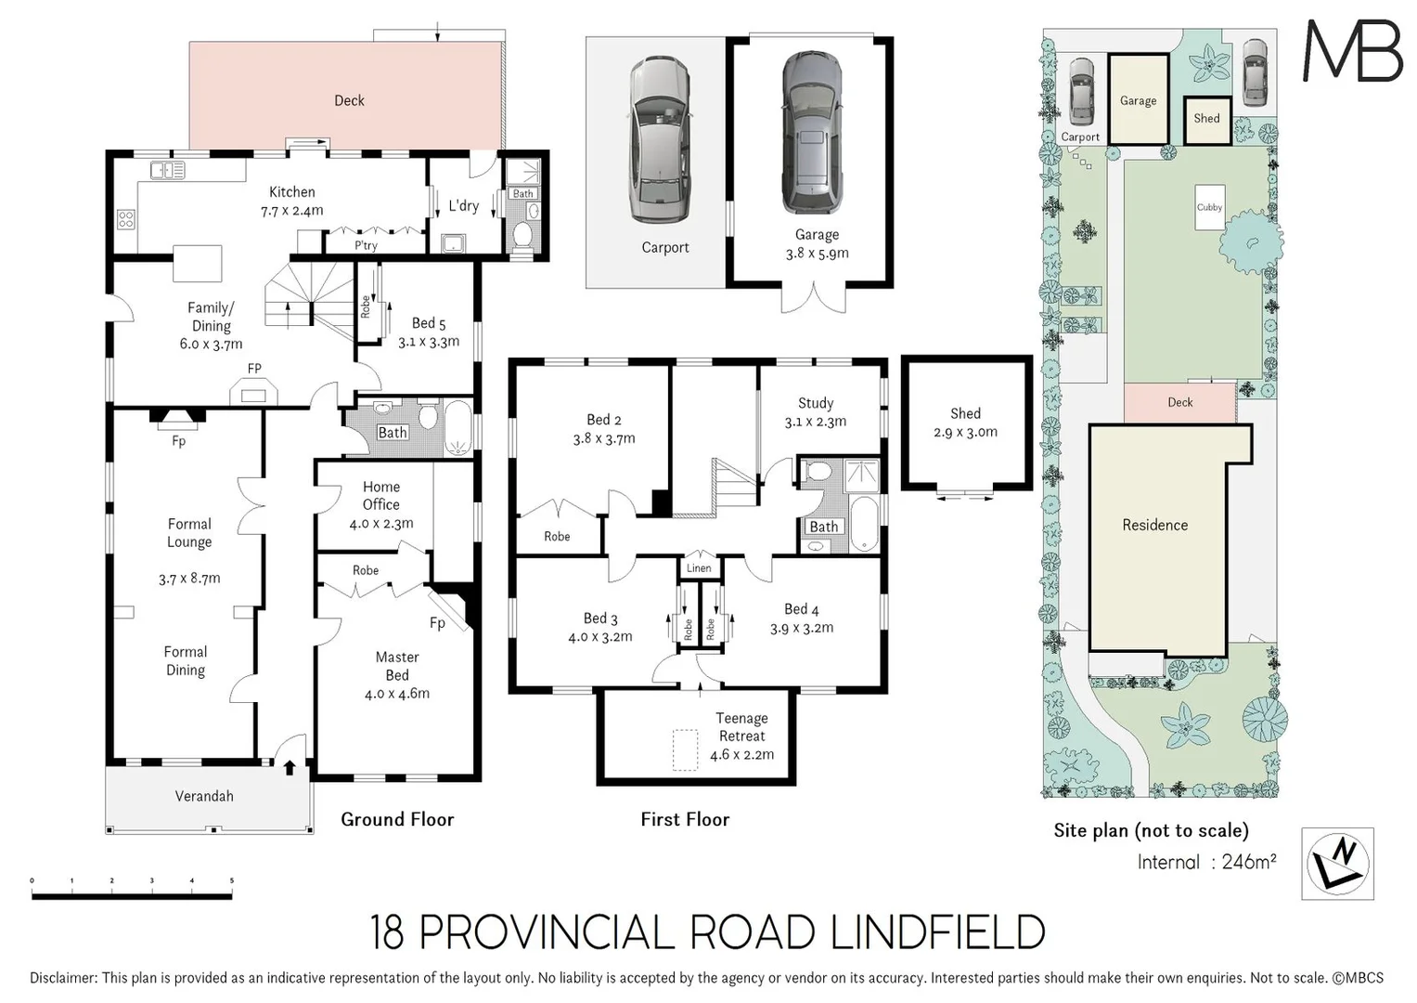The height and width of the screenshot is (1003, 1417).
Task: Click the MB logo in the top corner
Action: pos(1353,50)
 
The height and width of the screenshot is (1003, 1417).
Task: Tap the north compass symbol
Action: pos(1337,863)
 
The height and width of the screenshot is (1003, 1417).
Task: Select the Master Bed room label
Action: pos(397,674)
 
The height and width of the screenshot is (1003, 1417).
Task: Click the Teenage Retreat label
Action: pos(741,736)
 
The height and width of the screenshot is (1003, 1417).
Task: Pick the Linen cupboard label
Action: pos(699,568)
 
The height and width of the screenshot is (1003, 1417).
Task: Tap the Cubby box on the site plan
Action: pos(1209,208)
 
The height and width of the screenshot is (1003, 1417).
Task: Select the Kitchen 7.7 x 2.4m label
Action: pos(291,201)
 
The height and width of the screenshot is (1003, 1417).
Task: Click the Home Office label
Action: pos(381,504)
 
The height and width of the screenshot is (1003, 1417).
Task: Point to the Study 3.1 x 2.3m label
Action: pos(815,411)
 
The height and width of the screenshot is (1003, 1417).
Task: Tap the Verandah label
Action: pos(204,796)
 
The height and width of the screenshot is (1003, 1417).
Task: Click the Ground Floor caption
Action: pos(397,819)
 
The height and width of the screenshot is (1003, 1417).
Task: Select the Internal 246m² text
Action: pos(1206,862)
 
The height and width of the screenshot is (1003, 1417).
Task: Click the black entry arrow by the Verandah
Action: pos(290,767)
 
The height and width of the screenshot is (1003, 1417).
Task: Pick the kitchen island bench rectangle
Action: pos(198,263)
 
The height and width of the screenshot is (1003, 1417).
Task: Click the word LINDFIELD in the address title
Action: pos(937,932)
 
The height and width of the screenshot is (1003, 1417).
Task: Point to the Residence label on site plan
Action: pos(1154,525)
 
